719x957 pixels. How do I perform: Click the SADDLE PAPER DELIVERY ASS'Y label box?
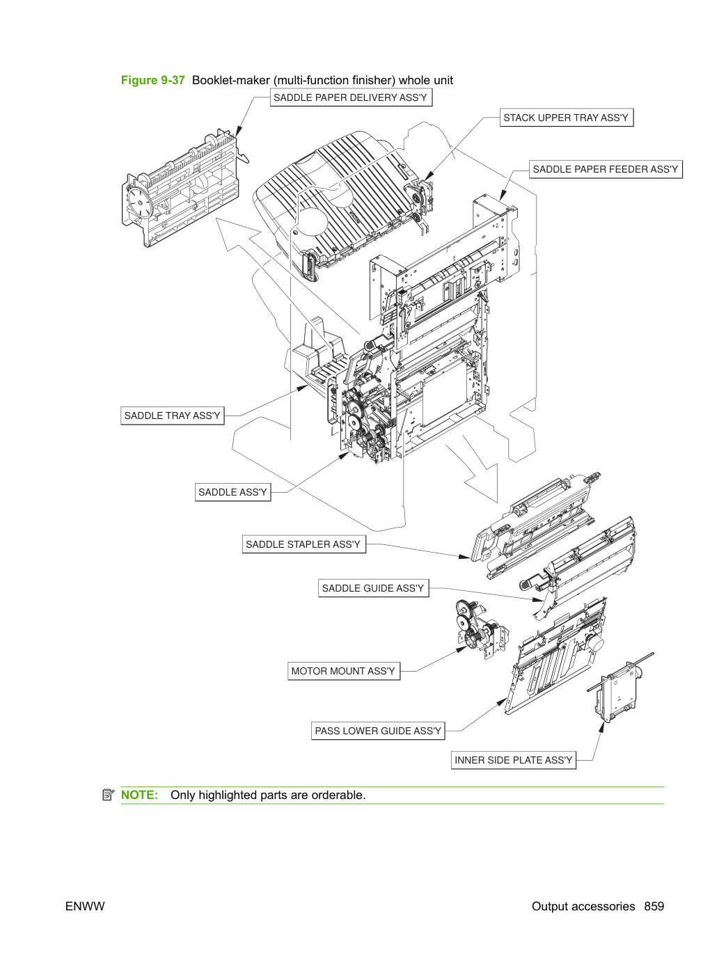tap(351, 97)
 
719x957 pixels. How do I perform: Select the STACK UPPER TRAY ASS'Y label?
tap(567, 118)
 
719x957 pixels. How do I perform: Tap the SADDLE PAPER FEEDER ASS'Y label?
tap(606, 169)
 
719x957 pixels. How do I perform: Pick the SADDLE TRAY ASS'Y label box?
tap(172, 416)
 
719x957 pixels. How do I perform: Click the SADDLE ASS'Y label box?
tap(233, 492)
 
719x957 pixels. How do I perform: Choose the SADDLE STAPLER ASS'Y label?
tap(304, 544)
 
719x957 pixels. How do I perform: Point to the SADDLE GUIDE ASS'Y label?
tap(373, 588)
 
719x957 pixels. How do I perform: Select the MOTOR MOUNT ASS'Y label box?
tap(344, 671)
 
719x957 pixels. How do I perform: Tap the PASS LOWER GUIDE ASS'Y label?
tap(378, 731)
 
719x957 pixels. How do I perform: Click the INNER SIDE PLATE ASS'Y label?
tap(513, 760)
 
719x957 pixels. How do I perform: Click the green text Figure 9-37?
tap(152, 80)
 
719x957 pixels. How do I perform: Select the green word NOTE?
tap(139, 795)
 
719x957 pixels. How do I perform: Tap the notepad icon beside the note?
tap(108, 795)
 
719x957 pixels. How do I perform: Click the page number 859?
tap(654, 906)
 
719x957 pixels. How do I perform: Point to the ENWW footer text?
tap(85, 906)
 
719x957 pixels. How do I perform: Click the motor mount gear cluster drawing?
tap(481, 628)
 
